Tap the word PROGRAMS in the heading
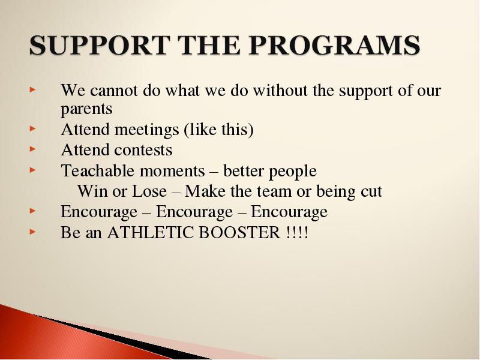point(334,45)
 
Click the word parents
point(86,109)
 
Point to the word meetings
point(146,130)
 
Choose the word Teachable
point(98,170)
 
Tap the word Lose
point(149,191)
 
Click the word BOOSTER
point(239,232)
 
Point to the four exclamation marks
point(297,232)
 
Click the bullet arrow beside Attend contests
point(33,149)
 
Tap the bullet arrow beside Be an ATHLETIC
point(33,232)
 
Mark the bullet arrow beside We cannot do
point(33,89)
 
